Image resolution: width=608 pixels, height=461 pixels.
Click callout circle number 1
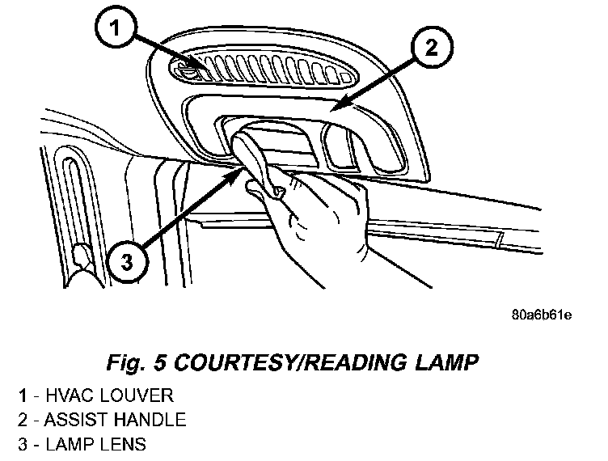pos(117,30)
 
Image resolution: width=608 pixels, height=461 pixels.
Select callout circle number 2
pos(431,48)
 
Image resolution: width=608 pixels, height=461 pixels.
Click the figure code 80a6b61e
pos(541,314)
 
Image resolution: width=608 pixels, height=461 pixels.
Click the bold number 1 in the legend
pos(24,395)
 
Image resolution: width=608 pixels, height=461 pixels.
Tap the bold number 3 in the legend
pos(24,444)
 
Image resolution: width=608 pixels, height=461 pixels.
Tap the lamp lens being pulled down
pos(255,158)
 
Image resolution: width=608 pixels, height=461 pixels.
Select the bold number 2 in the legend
pos(24,420)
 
